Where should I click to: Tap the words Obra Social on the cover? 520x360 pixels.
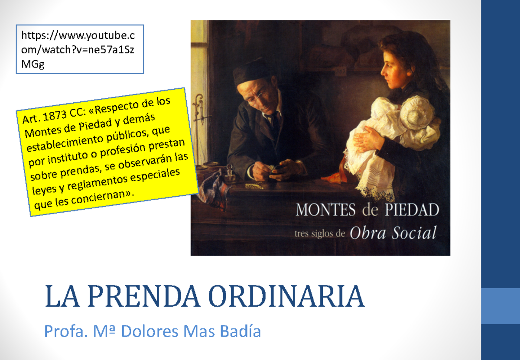click(393, 233)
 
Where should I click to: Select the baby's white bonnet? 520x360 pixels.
click(417, 114)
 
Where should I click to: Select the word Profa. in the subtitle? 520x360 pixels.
click(60, 331)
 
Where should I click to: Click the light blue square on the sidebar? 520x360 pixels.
click(500, 306)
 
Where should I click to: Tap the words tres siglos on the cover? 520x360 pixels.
click(319, 234)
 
